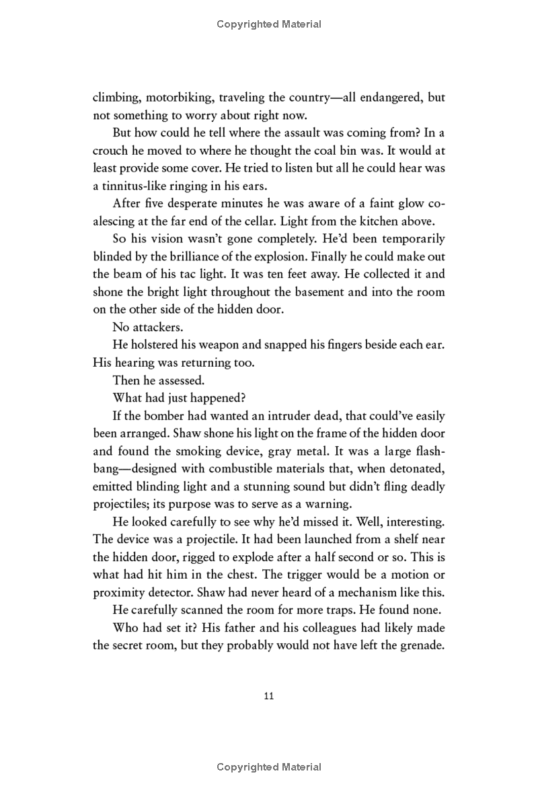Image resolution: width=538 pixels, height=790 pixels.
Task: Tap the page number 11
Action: click(x=269, y=696)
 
